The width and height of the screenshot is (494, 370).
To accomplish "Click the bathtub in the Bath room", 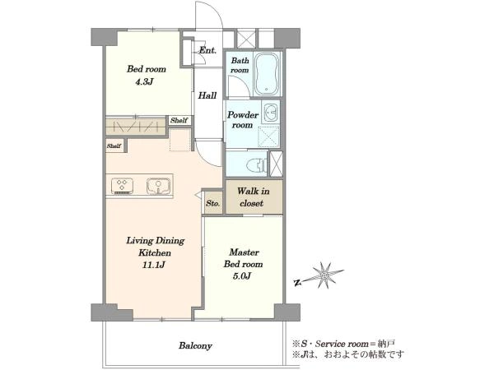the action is tap(267, 74).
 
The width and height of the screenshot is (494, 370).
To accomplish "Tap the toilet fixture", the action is tap(257, 164).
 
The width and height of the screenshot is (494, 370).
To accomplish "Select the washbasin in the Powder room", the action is tap(270, 112).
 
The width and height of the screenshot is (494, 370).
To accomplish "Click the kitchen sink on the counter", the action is tap(159, 186).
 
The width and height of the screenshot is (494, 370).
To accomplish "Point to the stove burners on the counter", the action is tap(122, 186).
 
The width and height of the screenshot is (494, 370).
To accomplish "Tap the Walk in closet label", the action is tap(253, 197).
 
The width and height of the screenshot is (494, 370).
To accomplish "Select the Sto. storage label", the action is tap(212, 203).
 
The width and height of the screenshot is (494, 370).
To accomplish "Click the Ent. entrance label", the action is tap(207, 50).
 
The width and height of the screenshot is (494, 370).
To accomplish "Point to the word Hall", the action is tap(207, 95).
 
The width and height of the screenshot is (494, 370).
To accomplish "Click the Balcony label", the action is tap(195, 346).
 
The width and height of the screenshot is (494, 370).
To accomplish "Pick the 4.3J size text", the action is tap(144, 82).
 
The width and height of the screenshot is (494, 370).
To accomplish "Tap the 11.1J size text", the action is tap(153, 265).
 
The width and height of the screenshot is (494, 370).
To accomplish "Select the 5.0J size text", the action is tap(242, 276).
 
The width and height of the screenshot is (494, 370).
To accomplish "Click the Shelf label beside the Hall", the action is tap(179, 120).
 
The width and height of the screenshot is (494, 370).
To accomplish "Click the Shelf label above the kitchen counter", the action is tap(114, 146).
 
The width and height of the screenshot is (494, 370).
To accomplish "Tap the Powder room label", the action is tap(243, 120).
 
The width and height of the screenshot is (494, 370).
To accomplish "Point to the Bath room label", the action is tap(240, 65).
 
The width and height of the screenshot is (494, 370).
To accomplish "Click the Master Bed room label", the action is tap(243, 258).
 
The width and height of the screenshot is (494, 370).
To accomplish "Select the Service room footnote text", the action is tap(343, 344).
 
